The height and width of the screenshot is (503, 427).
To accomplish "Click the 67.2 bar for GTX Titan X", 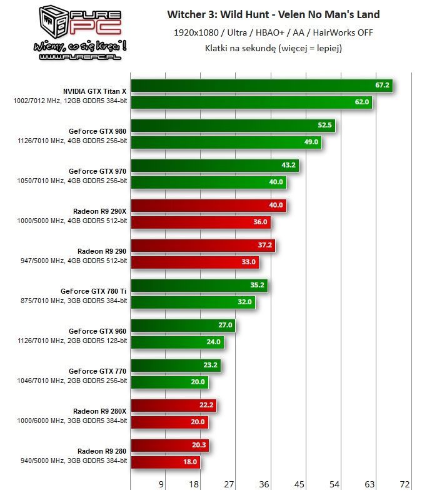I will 261,86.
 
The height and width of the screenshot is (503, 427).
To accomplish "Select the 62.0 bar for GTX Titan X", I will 251,102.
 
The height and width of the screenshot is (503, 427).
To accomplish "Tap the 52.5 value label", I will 324,125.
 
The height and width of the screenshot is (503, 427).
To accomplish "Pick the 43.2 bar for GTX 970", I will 214,166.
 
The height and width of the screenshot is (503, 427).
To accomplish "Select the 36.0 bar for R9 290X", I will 201,222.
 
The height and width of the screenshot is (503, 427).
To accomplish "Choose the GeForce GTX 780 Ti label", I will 94,291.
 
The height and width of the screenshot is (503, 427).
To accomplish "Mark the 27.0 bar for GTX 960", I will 183,326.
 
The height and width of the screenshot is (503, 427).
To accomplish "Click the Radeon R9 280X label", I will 100,411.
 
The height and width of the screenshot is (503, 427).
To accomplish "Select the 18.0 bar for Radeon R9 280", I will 165,462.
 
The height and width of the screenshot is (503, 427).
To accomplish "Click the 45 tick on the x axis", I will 299,484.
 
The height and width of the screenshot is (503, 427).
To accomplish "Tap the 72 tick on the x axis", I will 404,484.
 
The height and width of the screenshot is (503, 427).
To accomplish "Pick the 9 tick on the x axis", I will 162,484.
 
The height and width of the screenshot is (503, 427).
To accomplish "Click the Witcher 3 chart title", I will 273,14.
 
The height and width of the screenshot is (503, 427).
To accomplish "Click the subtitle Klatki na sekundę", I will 273,47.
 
